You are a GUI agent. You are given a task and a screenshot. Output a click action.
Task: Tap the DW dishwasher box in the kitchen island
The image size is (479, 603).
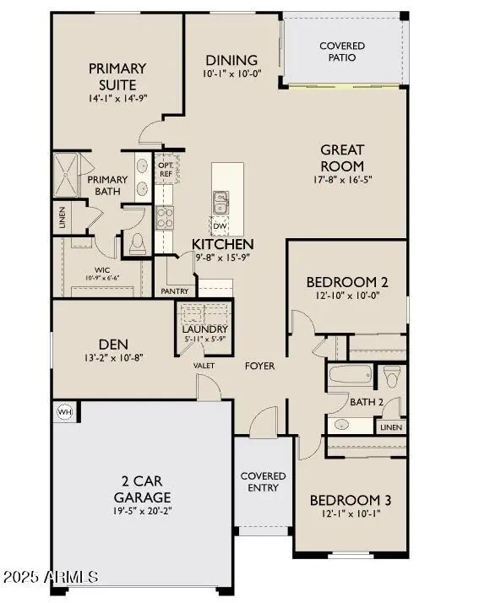pos(220,225)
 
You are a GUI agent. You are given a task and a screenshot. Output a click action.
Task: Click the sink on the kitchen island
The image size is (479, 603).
pos(220,203)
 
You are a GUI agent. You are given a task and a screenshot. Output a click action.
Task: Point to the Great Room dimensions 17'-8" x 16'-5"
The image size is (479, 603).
pos(341,180)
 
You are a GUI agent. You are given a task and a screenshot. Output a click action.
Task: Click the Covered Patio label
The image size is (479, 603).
pos(342,52)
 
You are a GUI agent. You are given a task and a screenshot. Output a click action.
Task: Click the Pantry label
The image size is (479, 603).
pos(175,291)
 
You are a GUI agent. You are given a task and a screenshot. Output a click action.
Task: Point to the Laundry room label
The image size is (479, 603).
pos(206,329)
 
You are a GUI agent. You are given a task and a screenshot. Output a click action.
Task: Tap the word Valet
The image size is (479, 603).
pos(204,366)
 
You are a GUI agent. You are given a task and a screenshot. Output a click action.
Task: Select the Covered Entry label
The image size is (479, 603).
pos(264,482)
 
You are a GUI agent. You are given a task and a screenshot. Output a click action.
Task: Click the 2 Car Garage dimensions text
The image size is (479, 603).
pos(143,511)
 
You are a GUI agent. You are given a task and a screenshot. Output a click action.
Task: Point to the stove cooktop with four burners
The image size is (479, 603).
pos(165,218)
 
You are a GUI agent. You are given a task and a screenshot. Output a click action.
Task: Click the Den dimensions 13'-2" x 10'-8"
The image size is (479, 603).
pos(113,358)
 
